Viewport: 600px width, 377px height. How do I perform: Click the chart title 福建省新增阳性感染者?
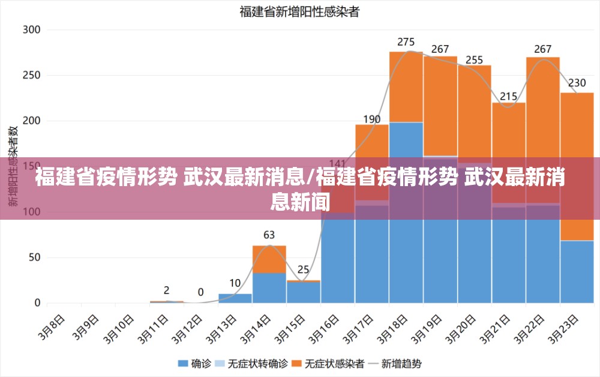point(299,11)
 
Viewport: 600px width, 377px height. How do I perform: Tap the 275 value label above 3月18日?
point(406,42)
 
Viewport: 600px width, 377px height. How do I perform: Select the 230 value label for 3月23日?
point(577,83)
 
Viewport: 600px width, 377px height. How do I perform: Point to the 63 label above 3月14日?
point(269,235)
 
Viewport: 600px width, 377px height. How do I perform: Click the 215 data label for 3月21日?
point(509,96)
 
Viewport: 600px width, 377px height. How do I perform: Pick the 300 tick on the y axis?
point(31,29)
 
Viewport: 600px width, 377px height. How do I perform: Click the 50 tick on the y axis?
point(34,258)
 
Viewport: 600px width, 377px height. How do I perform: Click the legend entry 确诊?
point(195,363)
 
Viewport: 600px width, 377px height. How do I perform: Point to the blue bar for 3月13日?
point(235,298)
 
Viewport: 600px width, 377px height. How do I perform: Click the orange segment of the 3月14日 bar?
point(269,259)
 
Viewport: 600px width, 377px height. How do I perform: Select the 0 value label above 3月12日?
point(201,292)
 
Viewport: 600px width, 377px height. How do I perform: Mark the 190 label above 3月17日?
point(372,119)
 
